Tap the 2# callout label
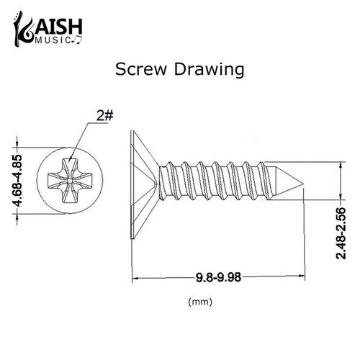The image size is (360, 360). click(x=104, y=114)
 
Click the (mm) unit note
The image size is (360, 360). click(x=198, y=302)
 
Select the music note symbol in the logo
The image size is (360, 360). click(x=78, y=41)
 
